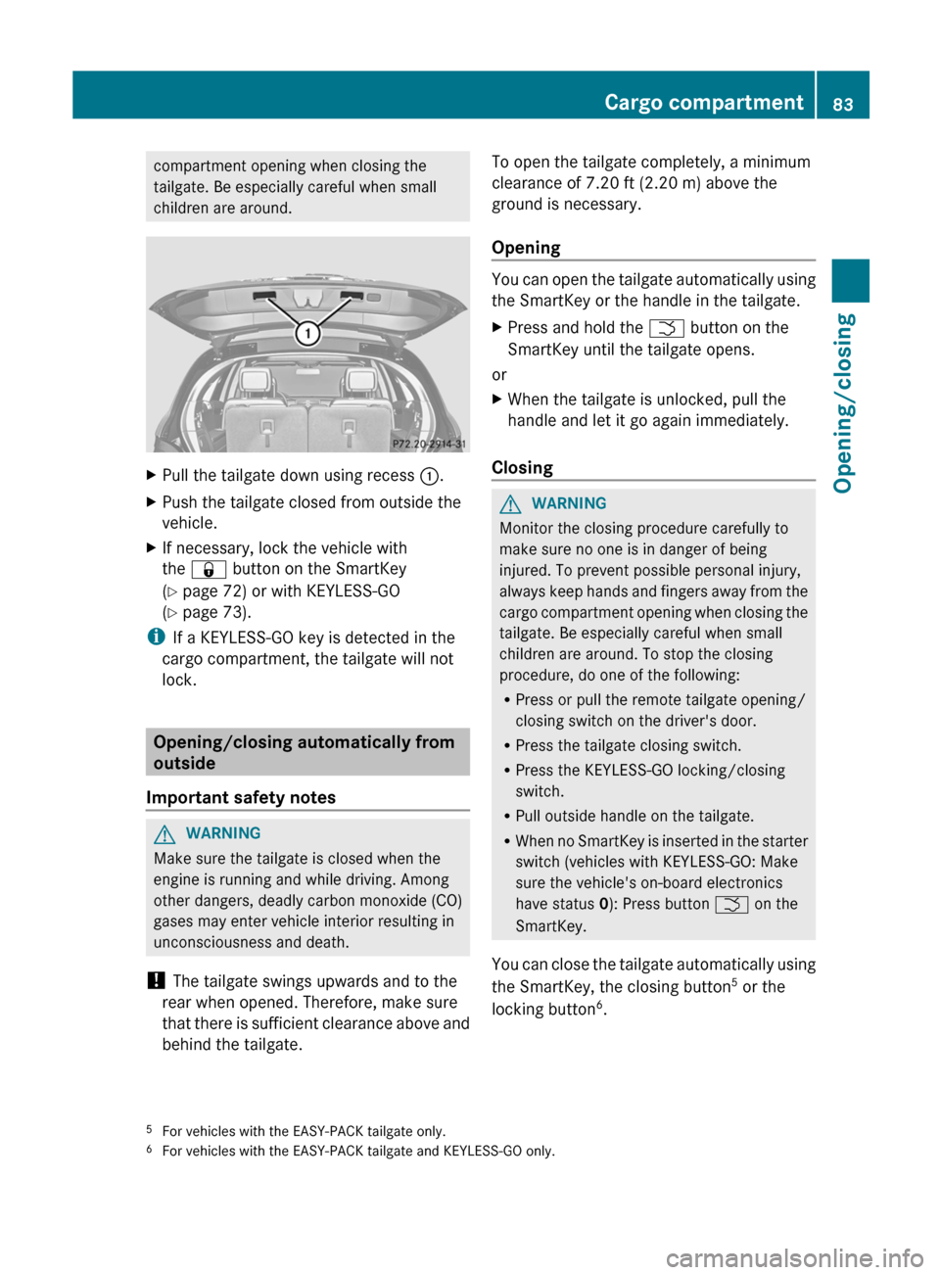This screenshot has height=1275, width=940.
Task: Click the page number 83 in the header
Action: (x=843, y=104)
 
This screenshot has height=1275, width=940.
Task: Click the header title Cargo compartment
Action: (x=703, y=102)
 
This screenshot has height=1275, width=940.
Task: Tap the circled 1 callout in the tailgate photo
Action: (x=307, y=334)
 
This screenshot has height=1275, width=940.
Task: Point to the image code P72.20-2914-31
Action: (x=428, y=444)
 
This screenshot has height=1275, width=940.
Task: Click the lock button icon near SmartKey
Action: (x=209, y=570)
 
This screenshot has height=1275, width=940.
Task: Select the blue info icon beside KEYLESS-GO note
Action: (x=156, y=637)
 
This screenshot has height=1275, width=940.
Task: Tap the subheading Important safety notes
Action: (x=241, y=797)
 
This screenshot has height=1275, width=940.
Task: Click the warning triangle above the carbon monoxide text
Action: (x=164, y=834)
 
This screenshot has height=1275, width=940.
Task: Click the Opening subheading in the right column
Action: (x=526, y=248)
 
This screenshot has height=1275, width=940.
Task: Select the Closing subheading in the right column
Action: (x=522, y=468)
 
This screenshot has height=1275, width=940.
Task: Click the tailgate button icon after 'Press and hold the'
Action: (x=666, y=328)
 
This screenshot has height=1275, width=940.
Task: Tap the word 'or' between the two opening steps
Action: (x=499, y=375)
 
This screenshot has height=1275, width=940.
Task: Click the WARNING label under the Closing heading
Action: (x=569, y=503)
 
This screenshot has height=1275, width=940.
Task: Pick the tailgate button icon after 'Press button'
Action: (x=731, y=905)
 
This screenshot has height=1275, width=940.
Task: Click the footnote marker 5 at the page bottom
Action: (x=150, y=1129)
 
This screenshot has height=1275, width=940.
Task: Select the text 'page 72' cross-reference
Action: (x=213, y=591)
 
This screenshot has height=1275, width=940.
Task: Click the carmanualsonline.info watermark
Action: (x=794, y=1257)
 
